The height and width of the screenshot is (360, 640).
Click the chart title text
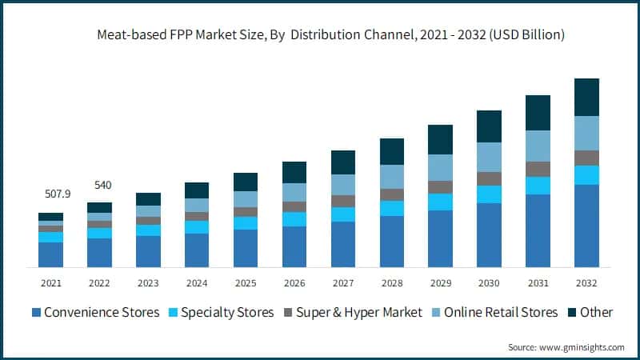click(x=320, y=34)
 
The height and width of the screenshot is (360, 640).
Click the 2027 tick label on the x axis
click(x=342, y=282)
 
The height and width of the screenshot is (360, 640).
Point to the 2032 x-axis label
click(x=586, y=282)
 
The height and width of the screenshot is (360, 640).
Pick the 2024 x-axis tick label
click(x=197, y=282)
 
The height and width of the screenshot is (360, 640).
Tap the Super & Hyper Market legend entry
click(x=352, y=312)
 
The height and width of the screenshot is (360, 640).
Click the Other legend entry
click(x=591, y=312)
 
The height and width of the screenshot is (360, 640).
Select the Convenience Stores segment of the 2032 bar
click(x=586, y=226)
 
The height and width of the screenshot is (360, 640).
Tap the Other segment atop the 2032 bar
click(x=586, y=97)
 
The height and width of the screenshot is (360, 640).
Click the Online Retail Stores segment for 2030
click(x=489, y=157)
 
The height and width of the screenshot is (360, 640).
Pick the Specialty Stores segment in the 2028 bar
click(x=391, y=208)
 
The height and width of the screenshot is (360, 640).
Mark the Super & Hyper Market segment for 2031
click(x=538, y=169)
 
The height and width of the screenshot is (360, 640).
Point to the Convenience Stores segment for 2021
click(x=50, y=254)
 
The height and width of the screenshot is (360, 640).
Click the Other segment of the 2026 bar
click(x=294, y=172)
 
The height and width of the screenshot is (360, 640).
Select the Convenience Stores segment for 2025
click(x=246, y=248)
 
